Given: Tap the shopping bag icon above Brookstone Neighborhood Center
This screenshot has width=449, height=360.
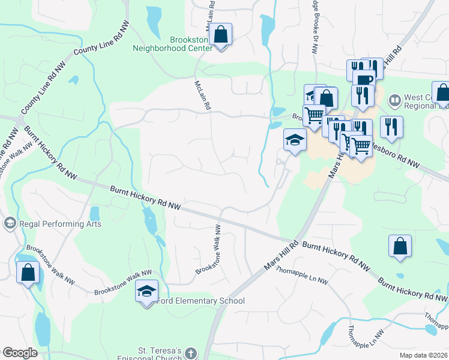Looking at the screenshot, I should (221, 35).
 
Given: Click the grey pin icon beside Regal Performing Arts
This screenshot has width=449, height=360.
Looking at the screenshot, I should (10, 224).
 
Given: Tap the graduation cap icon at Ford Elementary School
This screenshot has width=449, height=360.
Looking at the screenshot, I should (146, 292).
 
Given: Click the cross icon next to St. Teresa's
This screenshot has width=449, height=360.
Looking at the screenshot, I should (191, 353).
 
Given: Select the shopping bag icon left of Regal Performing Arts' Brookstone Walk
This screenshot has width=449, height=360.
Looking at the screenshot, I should (28, 272).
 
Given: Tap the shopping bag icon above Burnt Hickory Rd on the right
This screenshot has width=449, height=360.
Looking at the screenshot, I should (400, 246).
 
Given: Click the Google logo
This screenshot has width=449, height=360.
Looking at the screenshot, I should (20, 353).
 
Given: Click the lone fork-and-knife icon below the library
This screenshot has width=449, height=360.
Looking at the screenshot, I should (391, 127).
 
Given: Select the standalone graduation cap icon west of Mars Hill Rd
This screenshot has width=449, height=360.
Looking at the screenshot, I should (295, 140).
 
